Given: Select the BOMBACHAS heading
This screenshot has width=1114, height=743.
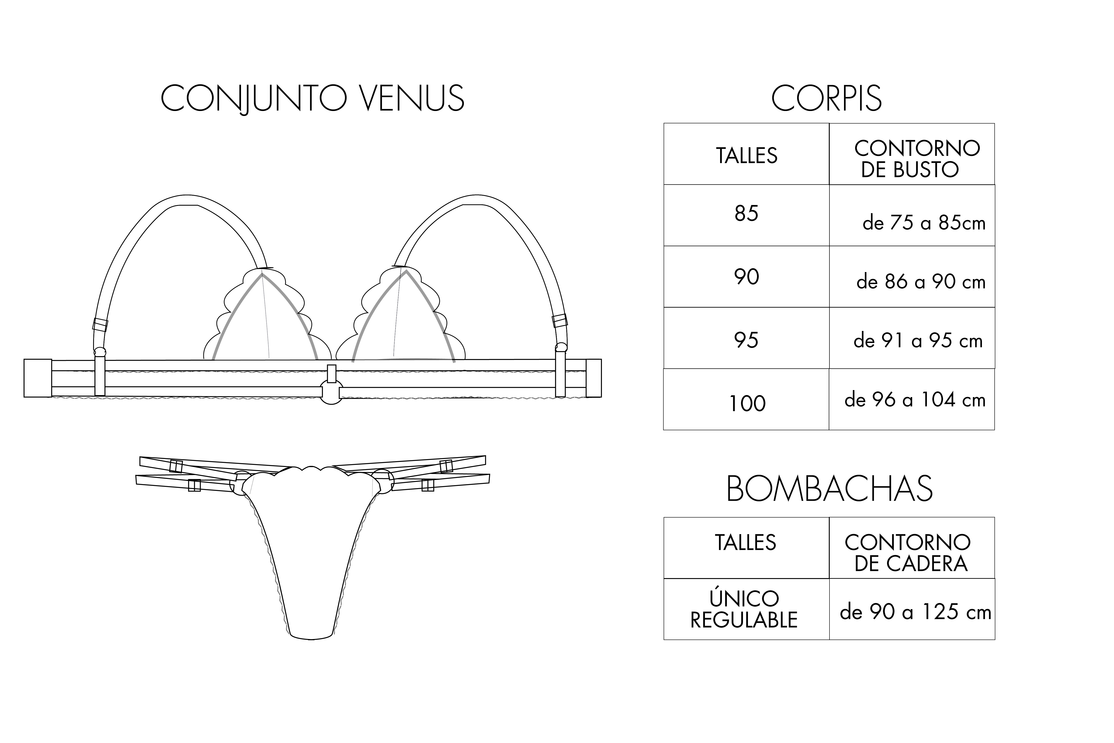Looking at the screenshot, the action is (x=829, y=489).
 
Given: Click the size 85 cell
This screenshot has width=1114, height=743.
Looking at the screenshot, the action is (x=746, y=215).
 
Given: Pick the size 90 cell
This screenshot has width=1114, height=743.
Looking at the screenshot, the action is (x=746, y=277).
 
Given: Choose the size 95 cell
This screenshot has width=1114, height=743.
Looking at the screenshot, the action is (x=746, y=338).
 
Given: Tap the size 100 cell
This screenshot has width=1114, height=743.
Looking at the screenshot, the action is (x=746, y=399).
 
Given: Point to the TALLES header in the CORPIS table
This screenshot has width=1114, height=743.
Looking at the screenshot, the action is (x=746, y=154).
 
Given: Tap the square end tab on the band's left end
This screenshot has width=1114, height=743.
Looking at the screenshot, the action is (x=38, y=378).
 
